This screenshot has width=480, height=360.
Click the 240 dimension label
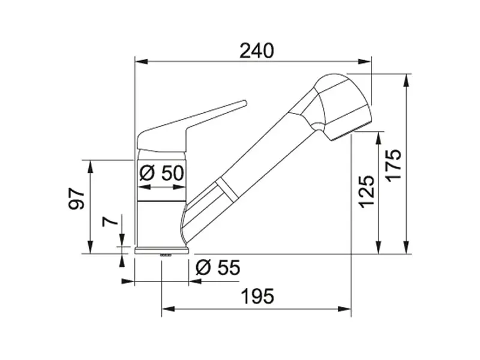tap(257, 51)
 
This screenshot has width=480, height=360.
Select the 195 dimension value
tap(257, 296)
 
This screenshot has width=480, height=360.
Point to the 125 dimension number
tap(367, 191)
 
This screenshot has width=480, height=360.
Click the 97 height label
tap(76, 199)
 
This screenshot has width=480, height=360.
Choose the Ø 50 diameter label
tap(161, 173)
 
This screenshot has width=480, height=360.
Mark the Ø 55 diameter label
tap(218, 268)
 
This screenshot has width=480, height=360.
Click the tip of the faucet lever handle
tap(245, 103)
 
